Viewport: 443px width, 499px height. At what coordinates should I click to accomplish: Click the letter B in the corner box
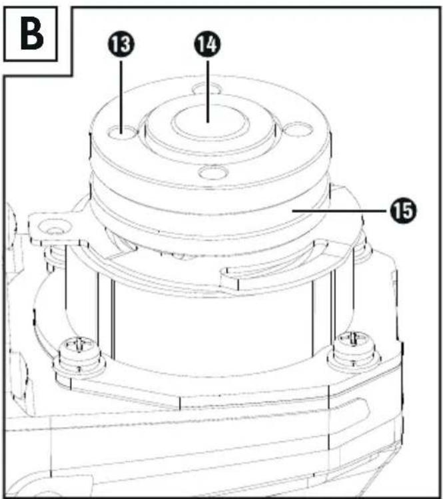click(32, 35)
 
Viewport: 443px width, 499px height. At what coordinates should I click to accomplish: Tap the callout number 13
click(121, 44)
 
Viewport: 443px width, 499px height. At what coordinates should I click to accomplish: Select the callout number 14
click(207, 44)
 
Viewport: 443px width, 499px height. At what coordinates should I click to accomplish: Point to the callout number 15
click(403, 210)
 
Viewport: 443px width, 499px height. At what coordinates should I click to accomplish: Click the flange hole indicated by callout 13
click(123, 133)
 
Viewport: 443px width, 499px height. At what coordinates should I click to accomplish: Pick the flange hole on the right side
click(298, 130)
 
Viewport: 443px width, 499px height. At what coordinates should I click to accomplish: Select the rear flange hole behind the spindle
click(207, 89)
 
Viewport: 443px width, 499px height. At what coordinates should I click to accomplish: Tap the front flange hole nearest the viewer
click(213, 172)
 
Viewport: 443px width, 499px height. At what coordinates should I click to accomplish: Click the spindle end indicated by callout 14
click(210, 123)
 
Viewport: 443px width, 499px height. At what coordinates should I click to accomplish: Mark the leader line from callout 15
click(340, 210)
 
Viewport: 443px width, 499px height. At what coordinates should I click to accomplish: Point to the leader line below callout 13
click(121, 97)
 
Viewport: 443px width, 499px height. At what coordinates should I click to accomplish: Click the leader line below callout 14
click(208, 91)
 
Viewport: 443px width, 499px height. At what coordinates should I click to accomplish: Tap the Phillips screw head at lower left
click(79, 346)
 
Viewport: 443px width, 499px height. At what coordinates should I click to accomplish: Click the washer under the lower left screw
click(79, 366)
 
